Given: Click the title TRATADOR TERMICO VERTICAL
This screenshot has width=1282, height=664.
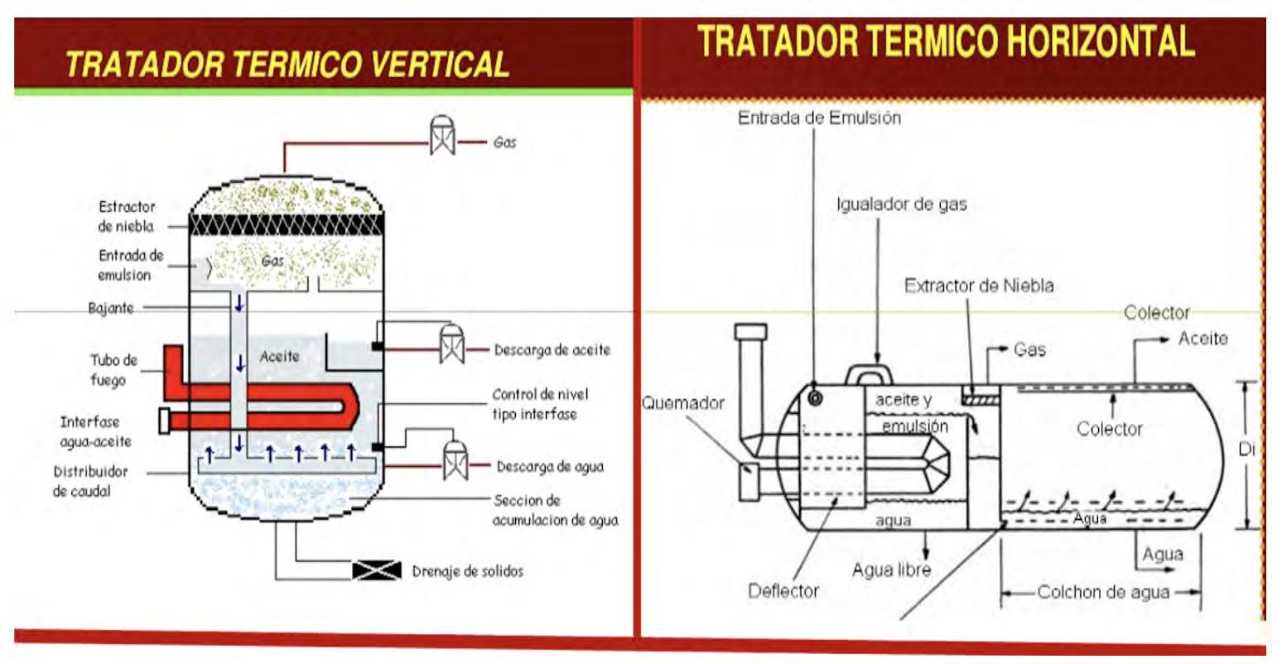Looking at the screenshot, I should coord(287,64).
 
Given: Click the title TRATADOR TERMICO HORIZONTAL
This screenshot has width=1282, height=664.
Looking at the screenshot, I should coord(946,41).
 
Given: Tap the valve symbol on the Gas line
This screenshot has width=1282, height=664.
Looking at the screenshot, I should coord(442,136).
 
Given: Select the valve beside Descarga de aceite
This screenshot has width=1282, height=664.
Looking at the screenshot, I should coord(451,343).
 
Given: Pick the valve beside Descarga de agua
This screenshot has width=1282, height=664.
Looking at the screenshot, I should coord(455,460).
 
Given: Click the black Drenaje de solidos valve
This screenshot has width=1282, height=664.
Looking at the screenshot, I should coord(377,570).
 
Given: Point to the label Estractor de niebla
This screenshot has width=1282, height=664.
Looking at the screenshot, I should coord(127,216).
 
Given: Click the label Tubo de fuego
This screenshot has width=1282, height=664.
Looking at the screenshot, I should coord(113,370).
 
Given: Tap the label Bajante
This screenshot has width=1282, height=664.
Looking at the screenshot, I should coord(110,308).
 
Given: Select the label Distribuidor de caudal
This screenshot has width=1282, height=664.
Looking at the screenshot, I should coord(91,481).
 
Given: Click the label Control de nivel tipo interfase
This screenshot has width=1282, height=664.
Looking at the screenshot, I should coord(540,403).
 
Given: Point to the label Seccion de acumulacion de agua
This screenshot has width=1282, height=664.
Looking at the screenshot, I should coord(555,510).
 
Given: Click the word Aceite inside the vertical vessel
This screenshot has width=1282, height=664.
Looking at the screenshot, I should coord(279,356).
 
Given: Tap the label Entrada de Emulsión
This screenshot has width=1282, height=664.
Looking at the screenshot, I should coord(818,118).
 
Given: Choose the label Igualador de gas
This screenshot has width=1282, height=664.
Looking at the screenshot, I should coord(901,204).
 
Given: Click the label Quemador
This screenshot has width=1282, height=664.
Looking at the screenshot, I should coord(683,403).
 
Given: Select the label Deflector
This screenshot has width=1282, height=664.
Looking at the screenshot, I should coord(783,590).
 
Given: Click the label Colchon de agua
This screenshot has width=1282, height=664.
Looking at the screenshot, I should coord(1103,592).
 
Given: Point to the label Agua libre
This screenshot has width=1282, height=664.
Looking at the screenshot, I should coord(891,570).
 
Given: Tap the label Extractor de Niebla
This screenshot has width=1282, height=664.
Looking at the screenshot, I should coord(979,286).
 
